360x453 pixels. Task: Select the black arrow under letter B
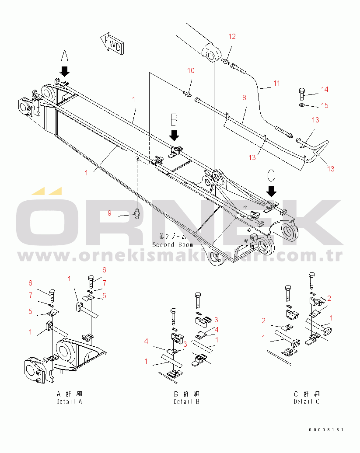click(x=174, y=134)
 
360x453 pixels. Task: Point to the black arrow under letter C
click(x=272, y=190)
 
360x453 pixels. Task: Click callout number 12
click(x=232, y=36)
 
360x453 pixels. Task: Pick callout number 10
click(x=191, y=70)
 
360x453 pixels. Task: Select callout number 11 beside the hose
click(x=276, y=82)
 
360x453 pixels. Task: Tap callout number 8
click(x=245, y=98)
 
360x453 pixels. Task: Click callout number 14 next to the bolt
click(x=324, y=89)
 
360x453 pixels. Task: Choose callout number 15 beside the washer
click(x=324, y=105)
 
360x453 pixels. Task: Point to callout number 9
click(x=110, y=213)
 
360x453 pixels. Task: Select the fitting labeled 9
click(x=137, y=214)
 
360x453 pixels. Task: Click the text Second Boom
click(x=172, y=244)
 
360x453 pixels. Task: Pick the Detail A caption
click(x=69, y=401)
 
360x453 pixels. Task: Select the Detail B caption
click(x=186, y=401)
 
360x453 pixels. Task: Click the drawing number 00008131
click(x=327, y=430)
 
